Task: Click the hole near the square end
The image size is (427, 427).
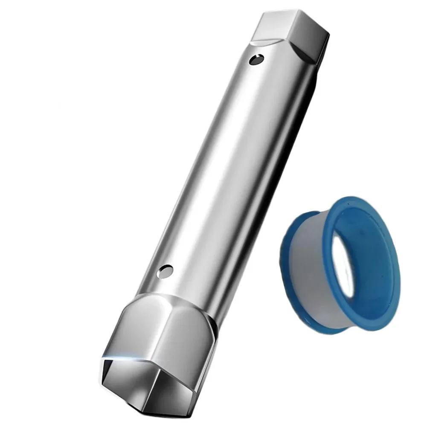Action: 256,59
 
